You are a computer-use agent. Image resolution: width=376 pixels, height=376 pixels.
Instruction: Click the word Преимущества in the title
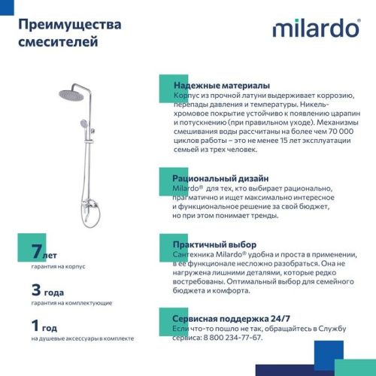click(x=67, y=25)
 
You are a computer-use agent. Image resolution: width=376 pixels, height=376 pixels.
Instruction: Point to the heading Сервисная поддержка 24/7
click(x=231, y=319)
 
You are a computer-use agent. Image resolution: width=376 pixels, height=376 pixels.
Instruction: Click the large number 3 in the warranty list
click(x=36, y=290)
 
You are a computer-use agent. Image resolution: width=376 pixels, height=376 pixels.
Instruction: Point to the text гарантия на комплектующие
click(x=71, y=302)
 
